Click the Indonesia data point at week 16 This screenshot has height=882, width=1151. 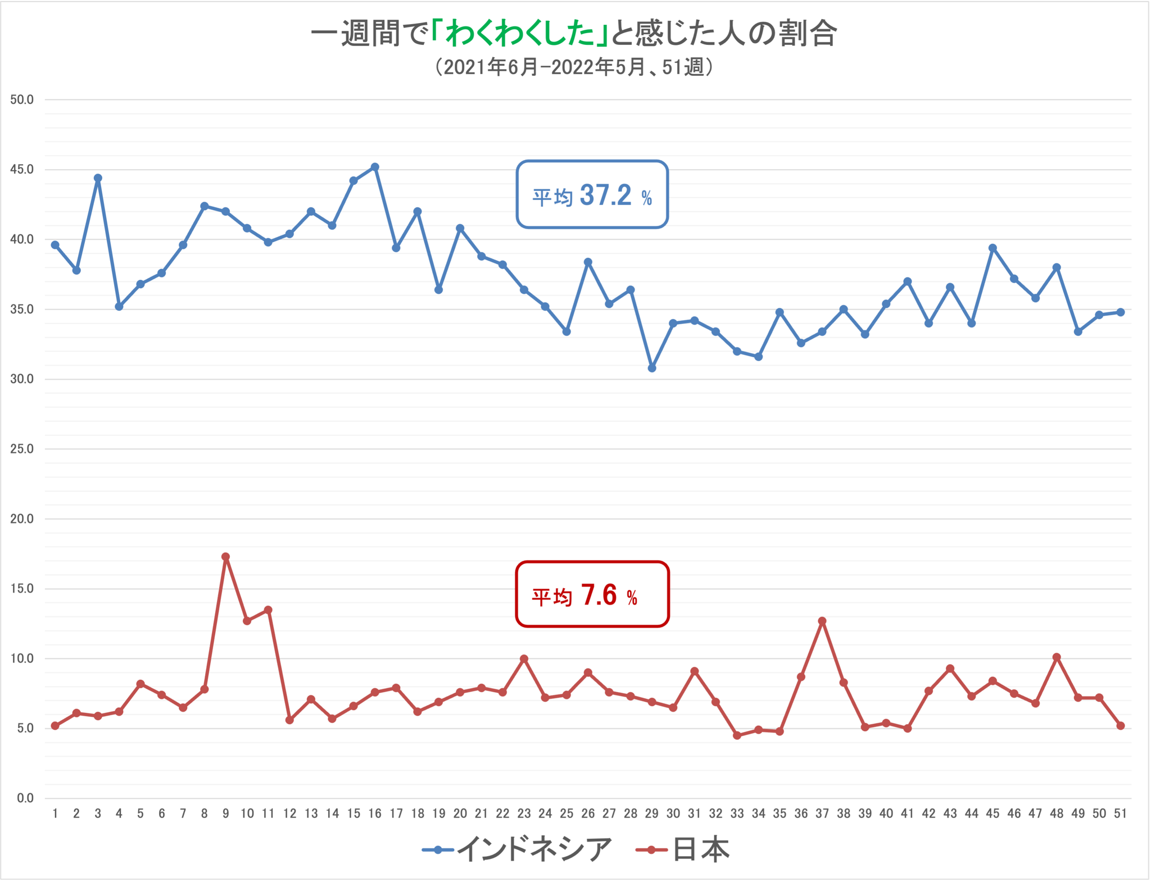(x=375, y=167)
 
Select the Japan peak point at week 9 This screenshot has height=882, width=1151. (x=225, y=557)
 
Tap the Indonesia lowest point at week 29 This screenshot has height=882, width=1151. (x=652, y=368)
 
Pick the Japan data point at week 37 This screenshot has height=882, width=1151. (x=822, y=621)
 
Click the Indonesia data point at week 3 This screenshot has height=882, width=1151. (x=98, y=178)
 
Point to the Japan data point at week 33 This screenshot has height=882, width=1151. (x=737, y=735)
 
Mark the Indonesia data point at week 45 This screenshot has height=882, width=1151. (x=993, y=248)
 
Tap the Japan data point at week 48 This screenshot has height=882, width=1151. (x=1057, y=657)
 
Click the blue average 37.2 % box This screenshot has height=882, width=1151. (x=592, y=195)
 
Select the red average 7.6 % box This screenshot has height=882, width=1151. (x=592, y=594)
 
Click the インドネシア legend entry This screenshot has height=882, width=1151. (x=517, y=849)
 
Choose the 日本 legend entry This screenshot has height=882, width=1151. (x=683, y=849)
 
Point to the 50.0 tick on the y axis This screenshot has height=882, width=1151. (x=22, y=100)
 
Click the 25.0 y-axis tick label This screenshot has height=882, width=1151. (x=22, y=449)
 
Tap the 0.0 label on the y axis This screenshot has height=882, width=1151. (x=25, y=798)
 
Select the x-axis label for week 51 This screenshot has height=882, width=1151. (x=1120, y=813)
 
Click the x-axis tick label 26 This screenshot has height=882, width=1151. (x=588, y=813)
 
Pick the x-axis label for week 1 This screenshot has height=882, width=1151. (x=55, y=813)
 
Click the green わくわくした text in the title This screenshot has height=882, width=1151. (x=520, y=34)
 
